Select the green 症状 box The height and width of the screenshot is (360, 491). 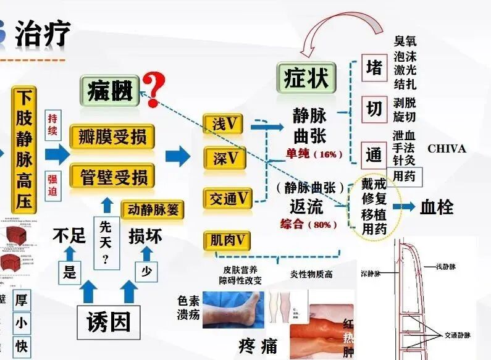pyautogui.click(x=306, y=78)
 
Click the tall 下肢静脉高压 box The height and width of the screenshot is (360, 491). pyautogui.click(x=24, y=150)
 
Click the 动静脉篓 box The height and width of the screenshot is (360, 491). pyautogui.click(x=153, y=209)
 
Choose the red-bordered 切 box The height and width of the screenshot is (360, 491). pyautogui.click(x=374, y=109)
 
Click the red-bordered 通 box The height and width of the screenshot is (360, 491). pyautogui.click(x=374, y=154)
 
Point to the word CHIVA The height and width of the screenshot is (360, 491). pyautogui.click(x=447, y=149)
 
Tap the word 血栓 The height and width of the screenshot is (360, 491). pyautogui.click(x=437, y=207)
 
